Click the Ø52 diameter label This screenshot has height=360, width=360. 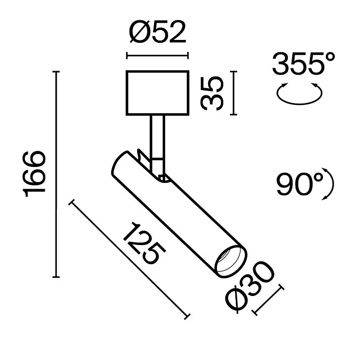click(x=157, y=32)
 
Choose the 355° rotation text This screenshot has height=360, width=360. click(x=303, y=63)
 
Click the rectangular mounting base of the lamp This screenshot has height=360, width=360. click(x=157, y=93)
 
